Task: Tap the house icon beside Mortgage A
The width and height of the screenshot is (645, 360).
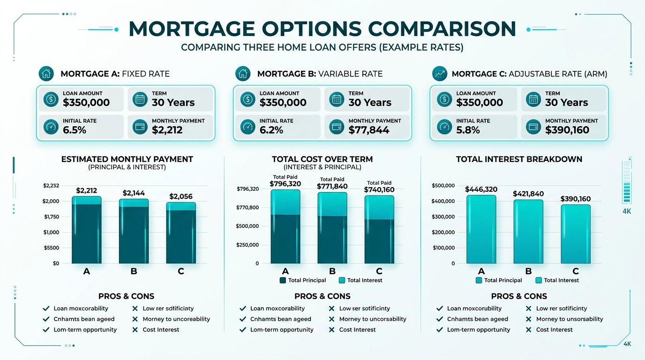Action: pyautogui.click(x=46, y=74)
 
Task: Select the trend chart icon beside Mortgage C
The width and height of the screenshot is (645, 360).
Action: pyautogui.click(x=440, y=74)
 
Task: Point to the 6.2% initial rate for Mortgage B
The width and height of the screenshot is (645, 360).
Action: pyautogui.click(x=271, y=130)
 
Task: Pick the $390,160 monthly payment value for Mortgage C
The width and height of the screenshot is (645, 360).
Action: pyautogui.click(x=567, y=130)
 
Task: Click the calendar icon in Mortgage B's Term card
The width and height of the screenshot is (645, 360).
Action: pyautogui.click(x=336, y=99)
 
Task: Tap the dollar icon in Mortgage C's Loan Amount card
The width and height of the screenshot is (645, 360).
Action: pyautogui.click(x=443, y=99)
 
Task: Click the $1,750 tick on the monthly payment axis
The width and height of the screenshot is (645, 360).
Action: pyautogui.click(x=51, y=217)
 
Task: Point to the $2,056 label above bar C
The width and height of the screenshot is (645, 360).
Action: pyautogui.click(x=180, y=196)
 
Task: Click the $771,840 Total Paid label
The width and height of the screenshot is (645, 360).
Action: pyautogui.click(x=332, y=187)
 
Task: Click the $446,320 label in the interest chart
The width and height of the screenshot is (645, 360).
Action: pyautogui.click(x=480, y=189)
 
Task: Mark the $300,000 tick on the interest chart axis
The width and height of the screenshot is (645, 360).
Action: pyautogui.click(x=443, y=217)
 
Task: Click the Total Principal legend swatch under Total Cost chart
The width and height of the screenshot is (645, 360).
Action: pyautogui.click(x=283, y=280)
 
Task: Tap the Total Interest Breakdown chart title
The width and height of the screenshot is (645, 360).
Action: pyautogui.click(x=519, y=159)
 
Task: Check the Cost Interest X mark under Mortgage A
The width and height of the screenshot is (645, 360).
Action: pyautogui.click(x=135, y=330)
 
